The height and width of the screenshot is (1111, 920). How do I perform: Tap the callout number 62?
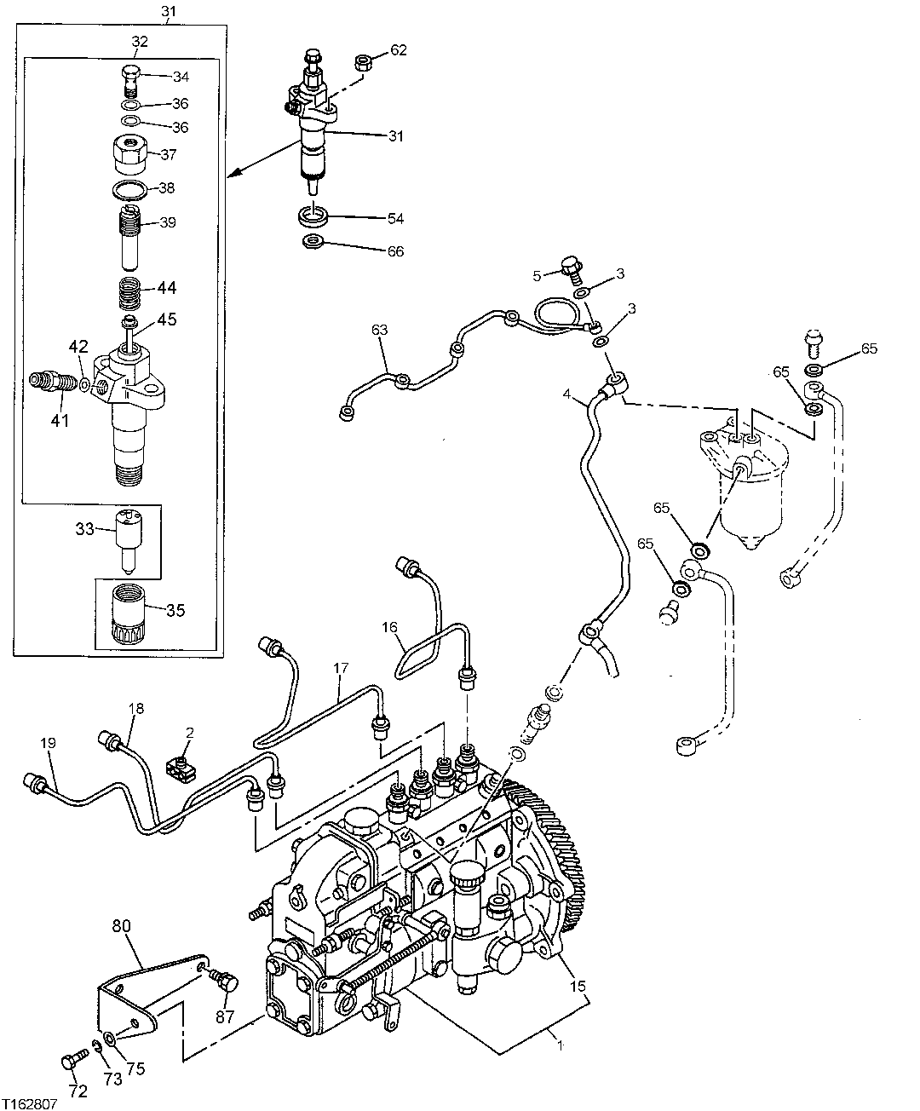tap(399, 50)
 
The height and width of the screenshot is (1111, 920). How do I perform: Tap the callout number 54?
tap(395, 219)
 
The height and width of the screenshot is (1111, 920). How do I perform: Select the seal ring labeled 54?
tap(314, 216)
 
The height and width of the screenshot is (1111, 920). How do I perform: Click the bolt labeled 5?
tap(572, 269)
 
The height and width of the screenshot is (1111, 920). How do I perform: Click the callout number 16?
tap(389, 627)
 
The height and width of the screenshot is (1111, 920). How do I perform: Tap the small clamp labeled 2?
tap(181, 767)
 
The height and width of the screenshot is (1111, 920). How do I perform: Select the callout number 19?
tap(47, 743)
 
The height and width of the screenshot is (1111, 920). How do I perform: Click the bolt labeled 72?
tap(72, 1062)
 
